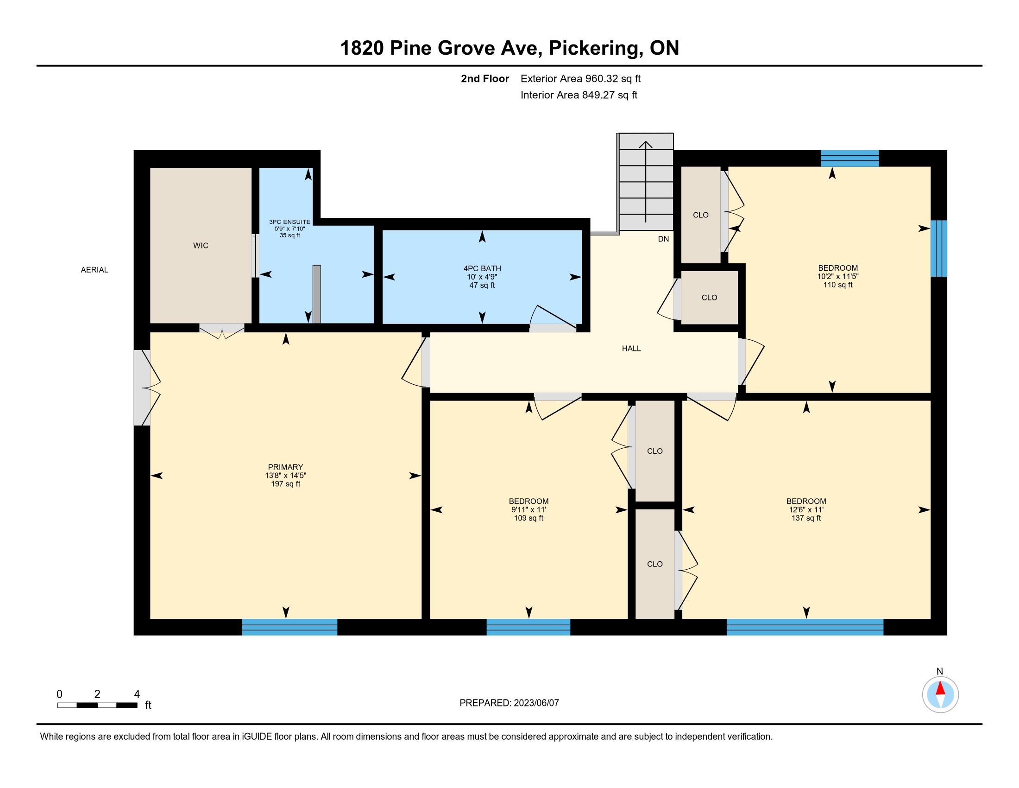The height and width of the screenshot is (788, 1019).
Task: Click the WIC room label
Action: point(201,246)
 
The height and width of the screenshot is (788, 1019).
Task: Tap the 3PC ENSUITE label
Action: point(290,222)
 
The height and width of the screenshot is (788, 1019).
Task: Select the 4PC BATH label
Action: point(482,268)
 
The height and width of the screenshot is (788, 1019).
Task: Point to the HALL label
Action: point(631,348)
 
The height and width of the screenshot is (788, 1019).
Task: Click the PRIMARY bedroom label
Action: point(285,467)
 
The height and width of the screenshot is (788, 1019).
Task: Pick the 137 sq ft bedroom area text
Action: point(806,518)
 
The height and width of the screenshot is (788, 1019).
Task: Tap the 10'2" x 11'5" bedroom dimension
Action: point(838,276)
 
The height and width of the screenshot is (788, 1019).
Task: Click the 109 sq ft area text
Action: point(528,518)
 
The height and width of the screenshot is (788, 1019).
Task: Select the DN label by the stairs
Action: point(663,239)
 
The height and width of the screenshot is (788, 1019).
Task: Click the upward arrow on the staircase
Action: point(646,182)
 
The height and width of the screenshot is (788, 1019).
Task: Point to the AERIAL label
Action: point(94,270)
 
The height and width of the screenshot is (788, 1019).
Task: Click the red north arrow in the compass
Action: point(940,688)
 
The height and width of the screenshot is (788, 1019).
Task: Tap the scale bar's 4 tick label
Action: point(137,694)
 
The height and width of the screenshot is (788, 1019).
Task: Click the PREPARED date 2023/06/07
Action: point(536,703)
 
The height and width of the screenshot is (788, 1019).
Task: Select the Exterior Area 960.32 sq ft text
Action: point(580,78)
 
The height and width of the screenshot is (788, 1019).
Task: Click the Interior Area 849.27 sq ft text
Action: point(579,95)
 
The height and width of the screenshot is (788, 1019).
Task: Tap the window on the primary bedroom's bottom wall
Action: point(290,627)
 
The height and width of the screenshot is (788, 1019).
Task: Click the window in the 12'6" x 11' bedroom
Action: point(805,627)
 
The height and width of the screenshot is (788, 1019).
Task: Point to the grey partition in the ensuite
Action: point(317,294)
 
